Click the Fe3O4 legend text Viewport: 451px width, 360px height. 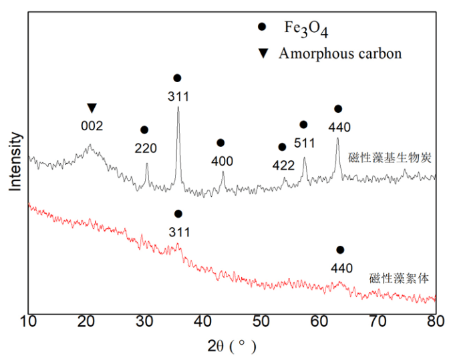[306, 29]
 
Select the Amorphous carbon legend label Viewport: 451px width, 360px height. [341, 53]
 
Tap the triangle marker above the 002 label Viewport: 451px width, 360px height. [92, 108]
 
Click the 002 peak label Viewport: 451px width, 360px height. [92, 124]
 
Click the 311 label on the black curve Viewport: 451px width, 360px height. [178, 96]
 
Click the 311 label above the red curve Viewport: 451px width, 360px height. [178, 232]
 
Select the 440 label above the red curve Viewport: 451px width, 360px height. [340, 267]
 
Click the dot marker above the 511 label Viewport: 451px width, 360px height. [303, 125]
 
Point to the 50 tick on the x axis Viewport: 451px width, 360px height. [261, 322]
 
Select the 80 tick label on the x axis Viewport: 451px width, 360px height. [436, 322]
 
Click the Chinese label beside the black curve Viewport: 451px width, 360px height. [392, 158]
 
